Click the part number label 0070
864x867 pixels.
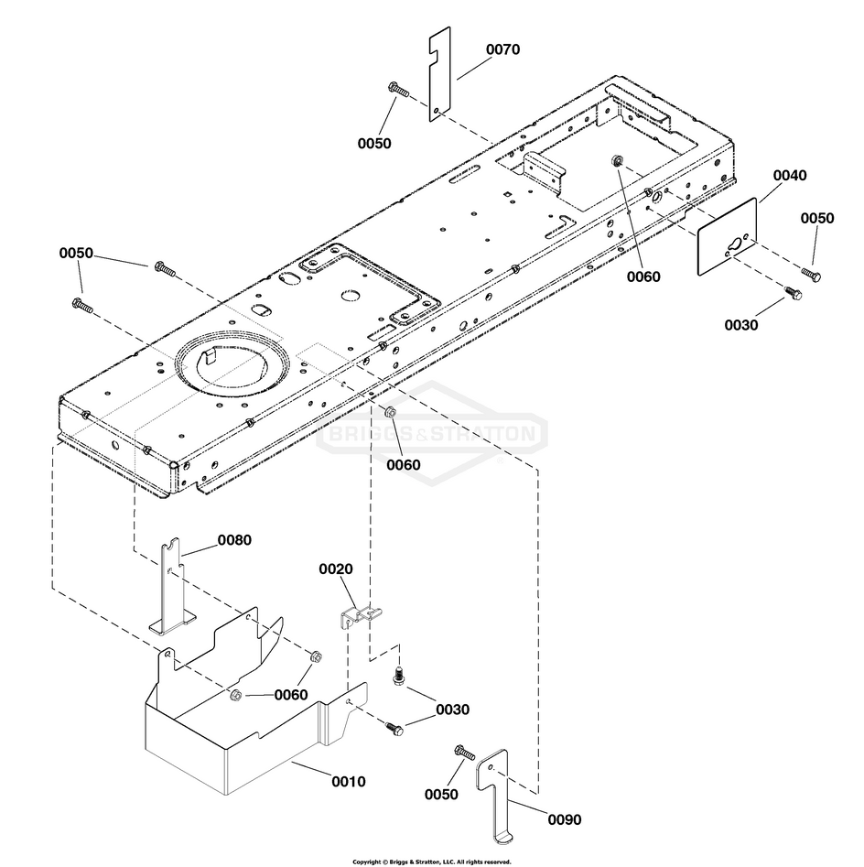502,49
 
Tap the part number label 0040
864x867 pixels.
789,175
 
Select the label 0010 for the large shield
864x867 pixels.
348,782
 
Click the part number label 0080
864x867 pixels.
233,540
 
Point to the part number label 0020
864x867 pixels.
335,569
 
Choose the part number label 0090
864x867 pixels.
563,819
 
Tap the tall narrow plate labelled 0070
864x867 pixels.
440,73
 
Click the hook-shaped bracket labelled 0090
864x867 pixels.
495,797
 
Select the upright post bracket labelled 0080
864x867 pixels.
172,591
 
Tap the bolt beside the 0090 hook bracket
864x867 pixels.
464,753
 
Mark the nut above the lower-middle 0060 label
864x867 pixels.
389,411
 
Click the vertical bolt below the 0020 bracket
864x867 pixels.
398,676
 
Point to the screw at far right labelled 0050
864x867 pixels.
811,273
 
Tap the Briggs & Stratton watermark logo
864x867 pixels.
432,433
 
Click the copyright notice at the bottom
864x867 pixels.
431,862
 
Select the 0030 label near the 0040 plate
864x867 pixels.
741,324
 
